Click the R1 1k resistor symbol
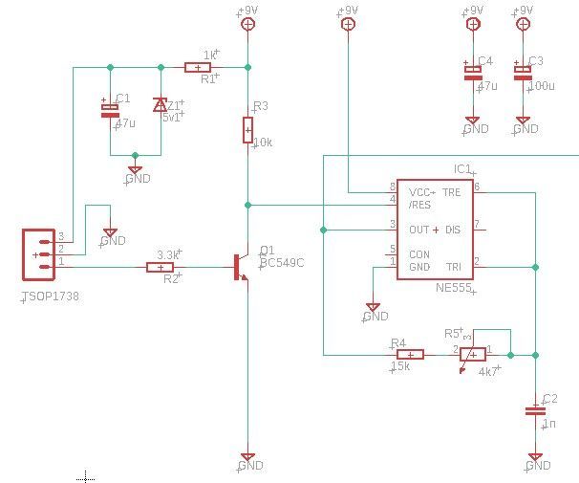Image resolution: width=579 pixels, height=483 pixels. point(198,67)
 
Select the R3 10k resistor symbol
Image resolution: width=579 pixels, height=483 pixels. point(247,130)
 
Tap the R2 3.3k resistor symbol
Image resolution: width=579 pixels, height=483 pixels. point(160,267)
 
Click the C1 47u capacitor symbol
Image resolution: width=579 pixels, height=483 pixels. point(110,109)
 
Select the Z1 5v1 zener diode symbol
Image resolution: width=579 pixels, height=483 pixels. point(160,105)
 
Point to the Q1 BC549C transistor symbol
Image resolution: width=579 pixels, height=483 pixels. point(242,267)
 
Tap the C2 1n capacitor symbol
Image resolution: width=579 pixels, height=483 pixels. point(534,410)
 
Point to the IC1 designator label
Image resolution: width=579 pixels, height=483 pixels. point(462,169)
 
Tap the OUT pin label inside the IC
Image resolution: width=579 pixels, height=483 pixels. point(418,230)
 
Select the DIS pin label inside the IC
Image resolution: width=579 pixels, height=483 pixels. point(453,230)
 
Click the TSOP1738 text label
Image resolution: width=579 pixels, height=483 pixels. point(50,297)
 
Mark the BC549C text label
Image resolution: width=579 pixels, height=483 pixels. point(282,262)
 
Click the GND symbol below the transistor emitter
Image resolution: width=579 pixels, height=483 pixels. point(247,460)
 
